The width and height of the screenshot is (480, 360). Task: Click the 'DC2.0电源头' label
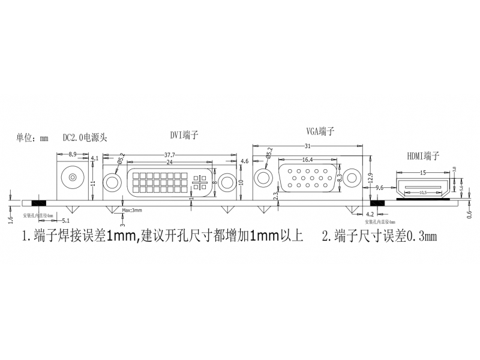(x=85, y=137)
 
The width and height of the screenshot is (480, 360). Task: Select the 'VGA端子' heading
(x=320, y=131)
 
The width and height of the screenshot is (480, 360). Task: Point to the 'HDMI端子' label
(x=423, y=156)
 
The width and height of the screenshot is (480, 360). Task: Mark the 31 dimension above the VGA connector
(x=308, y=146)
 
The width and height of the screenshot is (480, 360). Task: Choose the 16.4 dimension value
(x=308, y=160)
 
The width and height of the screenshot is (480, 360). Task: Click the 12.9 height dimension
(x=370, y=178)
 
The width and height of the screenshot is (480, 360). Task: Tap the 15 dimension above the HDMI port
(x=423, y=173)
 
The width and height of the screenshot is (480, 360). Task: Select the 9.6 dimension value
(x=379, y=188)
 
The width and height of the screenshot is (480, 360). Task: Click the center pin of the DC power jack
(x=73, y=179)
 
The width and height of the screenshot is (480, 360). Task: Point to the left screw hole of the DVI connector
(x=112, y=182)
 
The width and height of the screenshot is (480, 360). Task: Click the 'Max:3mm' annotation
(x=131, y=211)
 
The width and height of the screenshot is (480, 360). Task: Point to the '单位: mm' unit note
(x=32, y=137)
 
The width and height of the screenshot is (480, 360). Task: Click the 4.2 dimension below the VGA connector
(x=370, y=214)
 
